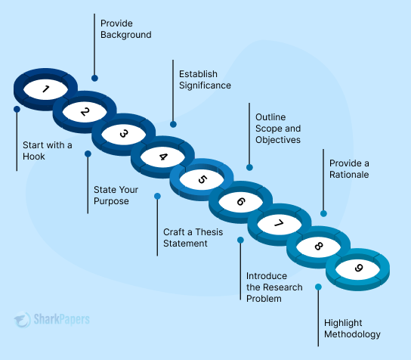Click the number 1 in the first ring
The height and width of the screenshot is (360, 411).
[45, 89]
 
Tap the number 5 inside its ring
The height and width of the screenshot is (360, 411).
[202, 179]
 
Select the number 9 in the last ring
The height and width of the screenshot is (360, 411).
[359, 268]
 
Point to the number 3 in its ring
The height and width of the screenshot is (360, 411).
[124, 134]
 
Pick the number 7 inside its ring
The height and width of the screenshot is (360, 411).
[279, 223]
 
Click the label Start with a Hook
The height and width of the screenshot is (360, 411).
[47, 151]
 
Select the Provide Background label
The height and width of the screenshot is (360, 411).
[126, 29]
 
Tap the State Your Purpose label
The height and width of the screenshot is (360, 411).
[116, 195]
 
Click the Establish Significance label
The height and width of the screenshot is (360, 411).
[205, 79]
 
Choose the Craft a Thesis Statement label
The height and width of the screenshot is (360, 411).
[193, 237]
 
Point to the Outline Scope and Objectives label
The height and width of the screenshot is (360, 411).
[278, 129]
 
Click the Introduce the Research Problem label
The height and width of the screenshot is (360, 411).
[274, 287]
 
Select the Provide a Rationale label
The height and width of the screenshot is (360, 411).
[349, 169]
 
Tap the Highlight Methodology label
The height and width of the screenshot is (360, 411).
[352, 328]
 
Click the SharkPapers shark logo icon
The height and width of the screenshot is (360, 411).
[23, 320]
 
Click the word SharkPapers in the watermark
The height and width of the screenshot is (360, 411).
[62, 319]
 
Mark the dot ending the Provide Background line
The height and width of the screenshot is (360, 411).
[94, 78]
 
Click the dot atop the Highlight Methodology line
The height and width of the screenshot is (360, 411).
[318, 287]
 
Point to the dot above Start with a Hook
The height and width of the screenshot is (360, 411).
[17, 109]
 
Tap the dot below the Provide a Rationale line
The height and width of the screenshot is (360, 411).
[323, 213]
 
